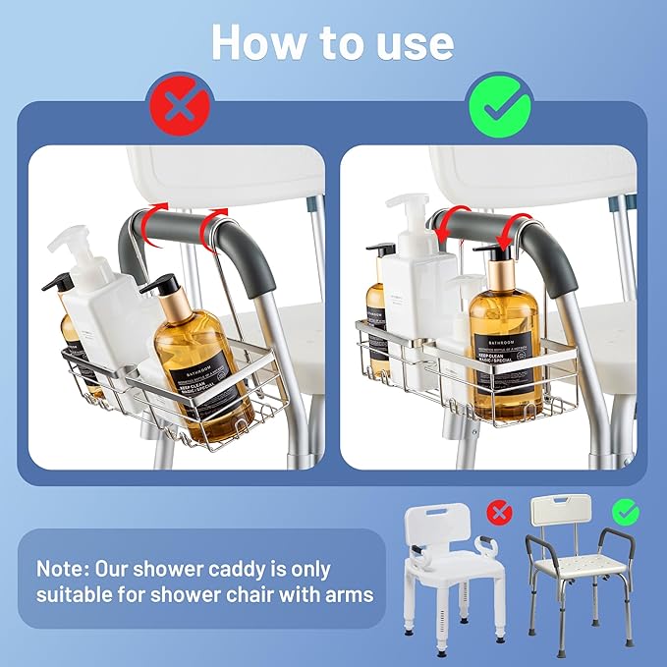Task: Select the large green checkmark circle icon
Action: (499, 102)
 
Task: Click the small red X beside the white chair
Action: (500, 513)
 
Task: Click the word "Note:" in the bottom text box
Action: (68, 569)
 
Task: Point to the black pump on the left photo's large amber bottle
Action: (162, 287)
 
